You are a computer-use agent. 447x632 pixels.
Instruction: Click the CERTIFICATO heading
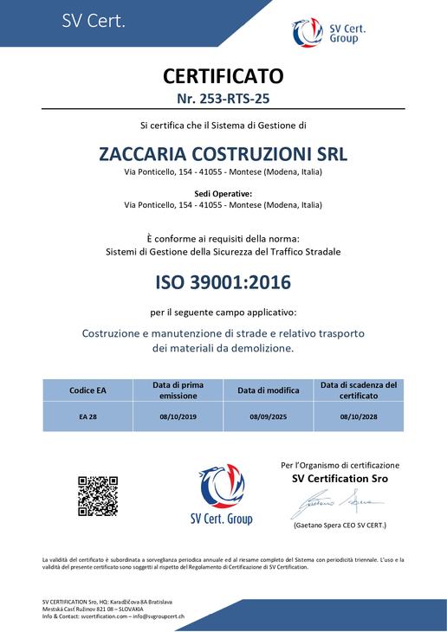pos(223,75)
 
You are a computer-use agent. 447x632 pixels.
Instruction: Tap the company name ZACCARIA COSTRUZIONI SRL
pos(223,154)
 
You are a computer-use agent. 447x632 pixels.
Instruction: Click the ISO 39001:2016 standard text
pos(223,282)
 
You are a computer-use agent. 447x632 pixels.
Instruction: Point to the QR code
pos(98,496)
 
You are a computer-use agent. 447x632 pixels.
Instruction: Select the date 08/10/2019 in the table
pos(178,416)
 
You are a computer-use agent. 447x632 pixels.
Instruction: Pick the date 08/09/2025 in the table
pos(268,416)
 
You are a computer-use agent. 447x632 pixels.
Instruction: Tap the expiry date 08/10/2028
pos(358,416)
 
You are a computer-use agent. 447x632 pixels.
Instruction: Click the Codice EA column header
pos(87,390)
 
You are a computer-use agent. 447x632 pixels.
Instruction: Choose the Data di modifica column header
pos(268,390)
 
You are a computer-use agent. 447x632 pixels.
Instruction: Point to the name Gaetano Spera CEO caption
pos(340,526)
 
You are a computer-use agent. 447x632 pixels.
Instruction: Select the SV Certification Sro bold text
pos(340,479)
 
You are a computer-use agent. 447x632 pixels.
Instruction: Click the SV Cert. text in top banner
pos(94,22)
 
